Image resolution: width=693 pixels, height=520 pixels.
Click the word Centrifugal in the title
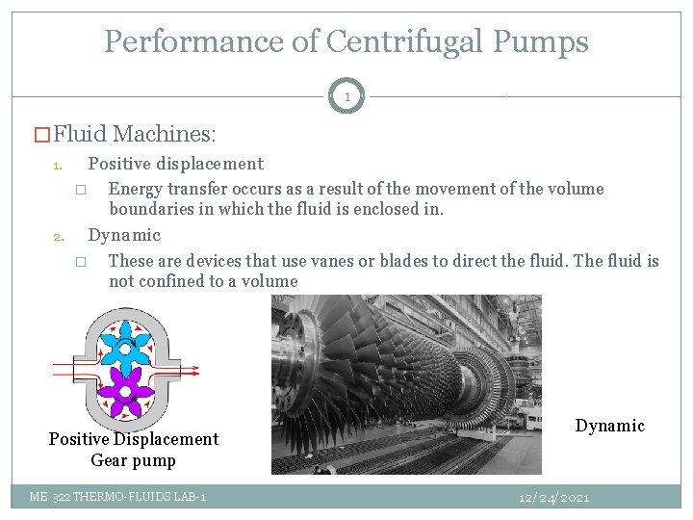(x=398, y=41)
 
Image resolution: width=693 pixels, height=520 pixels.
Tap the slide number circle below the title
(x=346, y=96)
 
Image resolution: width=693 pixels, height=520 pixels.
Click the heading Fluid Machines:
(x=135, y=134)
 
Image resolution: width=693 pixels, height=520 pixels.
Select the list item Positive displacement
(x=175, y=164)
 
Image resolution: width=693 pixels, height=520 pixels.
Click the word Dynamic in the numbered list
(x=124, y=235)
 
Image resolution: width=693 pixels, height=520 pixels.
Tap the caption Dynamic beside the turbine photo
(x=609, y=426)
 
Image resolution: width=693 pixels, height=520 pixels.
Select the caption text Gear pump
(x=133, y=460)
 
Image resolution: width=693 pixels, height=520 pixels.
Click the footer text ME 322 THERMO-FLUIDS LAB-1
(x=117, y=497)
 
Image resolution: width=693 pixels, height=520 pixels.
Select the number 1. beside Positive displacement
(x=58, y=166)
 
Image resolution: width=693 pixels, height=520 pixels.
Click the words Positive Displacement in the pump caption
(x=134, y=439)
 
